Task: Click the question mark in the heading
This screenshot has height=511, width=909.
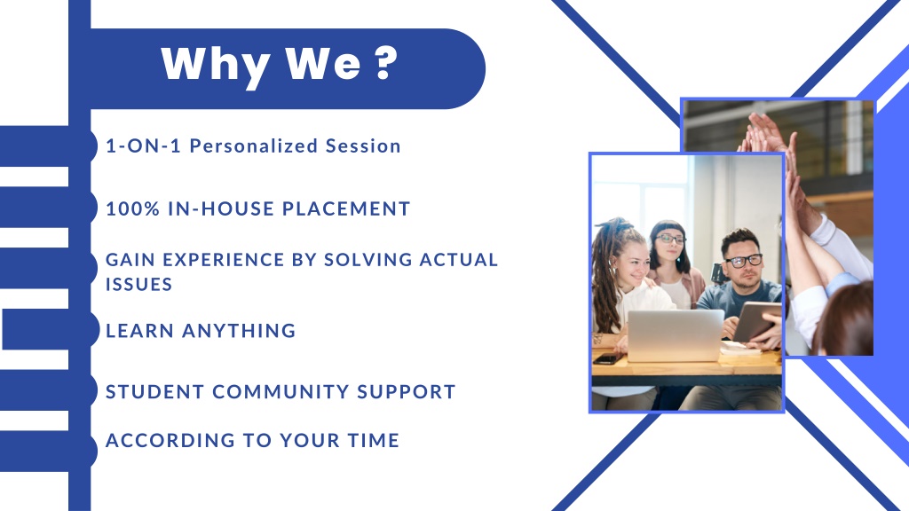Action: coord(386,62)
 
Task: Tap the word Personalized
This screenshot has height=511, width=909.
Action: coord(254,145)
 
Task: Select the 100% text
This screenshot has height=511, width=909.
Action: coord(133,208)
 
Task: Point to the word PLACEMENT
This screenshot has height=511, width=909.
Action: coord(347,208)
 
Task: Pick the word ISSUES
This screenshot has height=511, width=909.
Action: coord(139,284)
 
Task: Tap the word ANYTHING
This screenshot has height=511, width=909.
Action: coord(240,330)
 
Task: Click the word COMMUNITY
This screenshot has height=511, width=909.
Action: coord(281,391)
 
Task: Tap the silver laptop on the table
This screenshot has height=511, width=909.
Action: coord(676,335)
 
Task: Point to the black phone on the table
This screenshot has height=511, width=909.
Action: coord(606,359)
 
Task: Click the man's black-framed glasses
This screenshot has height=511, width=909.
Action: coord(744,261)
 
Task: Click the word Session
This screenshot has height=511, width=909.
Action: coord(363,145)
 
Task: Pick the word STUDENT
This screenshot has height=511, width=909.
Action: coord(154,391)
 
